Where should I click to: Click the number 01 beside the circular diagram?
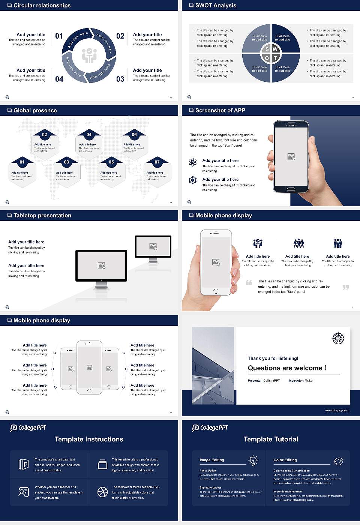click(x=59, y=36)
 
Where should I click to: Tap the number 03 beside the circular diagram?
click(x=120, y=79)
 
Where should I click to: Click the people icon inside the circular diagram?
click(x=89, y=55)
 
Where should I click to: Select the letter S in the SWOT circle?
click(x=267, y=49)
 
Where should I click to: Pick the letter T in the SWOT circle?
click(x=275, y=58)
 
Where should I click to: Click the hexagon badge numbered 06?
click(x=134, y=135)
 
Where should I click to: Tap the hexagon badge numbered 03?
click(x=66, y=162)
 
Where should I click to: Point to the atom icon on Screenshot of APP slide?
click(x=193, y=162)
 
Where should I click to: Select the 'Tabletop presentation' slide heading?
click(x=42, y=216)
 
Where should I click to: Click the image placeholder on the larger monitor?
click(x=101, y=265)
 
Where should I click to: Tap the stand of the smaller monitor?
click(x=153, y=259)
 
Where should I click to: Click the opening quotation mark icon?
click(x=249, y=282)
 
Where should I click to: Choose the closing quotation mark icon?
click(x=346, y=287)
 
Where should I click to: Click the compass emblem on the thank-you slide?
click(x=338, y=338)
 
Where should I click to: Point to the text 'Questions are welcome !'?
click(x=287, y=368)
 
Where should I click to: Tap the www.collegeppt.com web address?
click(x=337, y=410)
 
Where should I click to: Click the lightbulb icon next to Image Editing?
click(x=253, y=460)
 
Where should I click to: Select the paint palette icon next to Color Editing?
click(x=338, y=461)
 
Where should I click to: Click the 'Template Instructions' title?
click(x=89, y=439)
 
